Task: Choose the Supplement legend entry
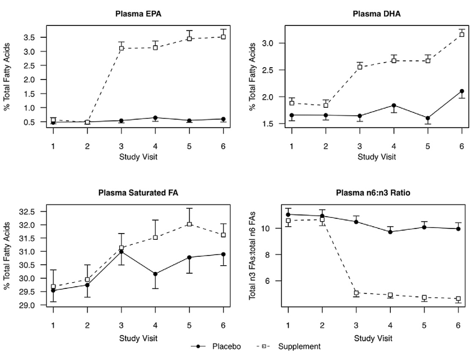coord(294,346)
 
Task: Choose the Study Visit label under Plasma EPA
coord(138,156)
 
